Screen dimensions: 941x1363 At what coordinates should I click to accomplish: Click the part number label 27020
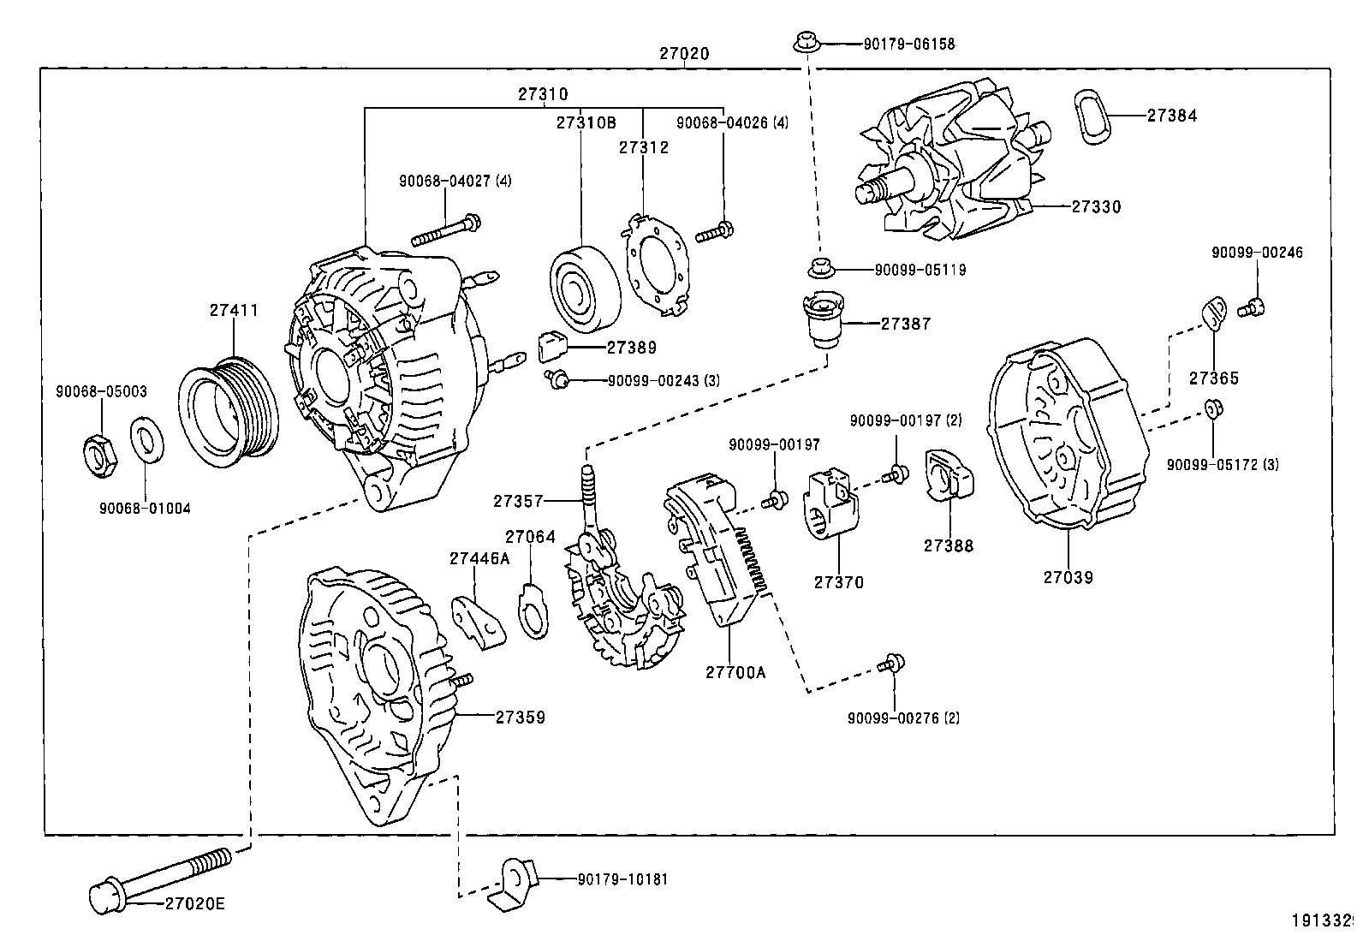tap(683, 53)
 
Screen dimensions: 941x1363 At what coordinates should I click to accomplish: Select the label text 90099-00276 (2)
tap(903, 718)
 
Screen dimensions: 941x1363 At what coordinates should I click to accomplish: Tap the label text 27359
tap(520, 718)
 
